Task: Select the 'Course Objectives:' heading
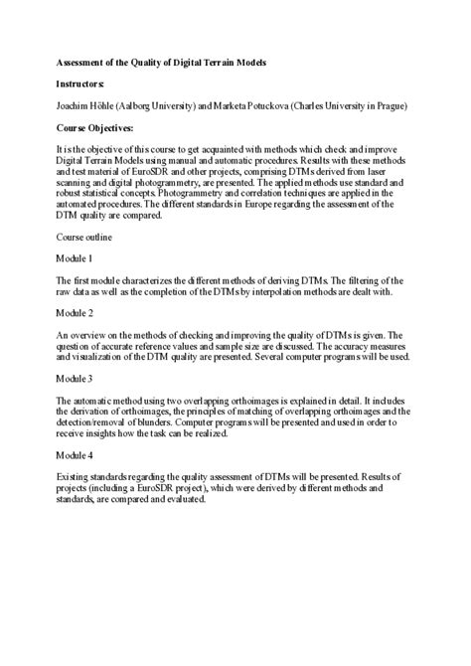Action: [101, 128]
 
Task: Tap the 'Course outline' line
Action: [84, 238]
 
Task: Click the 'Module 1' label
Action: [76, 259]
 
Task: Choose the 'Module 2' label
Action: [76, 314]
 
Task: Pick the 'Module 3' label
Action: [76, 379]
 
